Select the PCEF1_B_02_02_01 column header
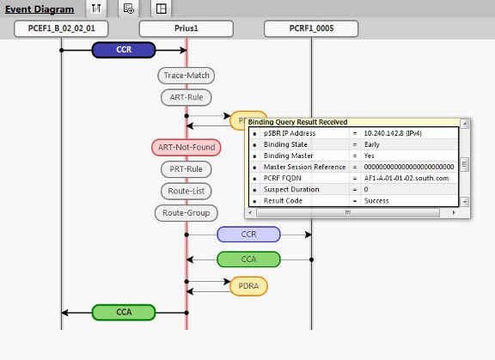point(60,29)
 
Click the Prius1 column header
point(186,29)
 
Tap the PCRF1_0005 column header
point(311,29)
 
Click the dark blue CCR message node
point(124,51)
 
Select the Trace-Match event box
point(186,76)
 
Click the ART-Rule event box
point(186,97)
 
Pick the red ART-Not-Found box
point(186,147)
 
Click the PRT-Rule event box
point(186,168)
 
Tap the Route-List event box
point(186,190)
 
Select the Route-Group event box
point(186,211)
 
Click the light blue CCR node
point(248,234)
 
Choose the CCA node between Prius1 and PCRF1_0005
point(248,259)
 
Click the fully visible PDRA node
point(248,285)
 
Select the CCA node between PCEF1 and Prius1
point(123,312)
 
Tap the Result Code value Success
point(377,200)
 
